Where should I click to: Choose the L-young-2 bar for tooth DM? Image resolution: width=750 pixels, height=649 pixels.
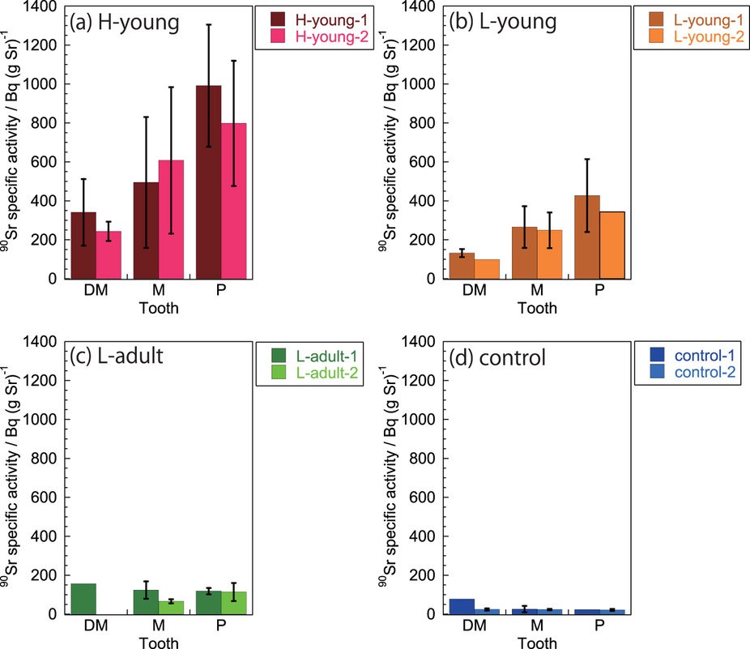(x=486, y=269)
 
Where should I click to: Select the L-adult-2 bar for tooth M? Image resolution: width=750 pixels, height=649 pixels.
(x=171, y=608)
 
